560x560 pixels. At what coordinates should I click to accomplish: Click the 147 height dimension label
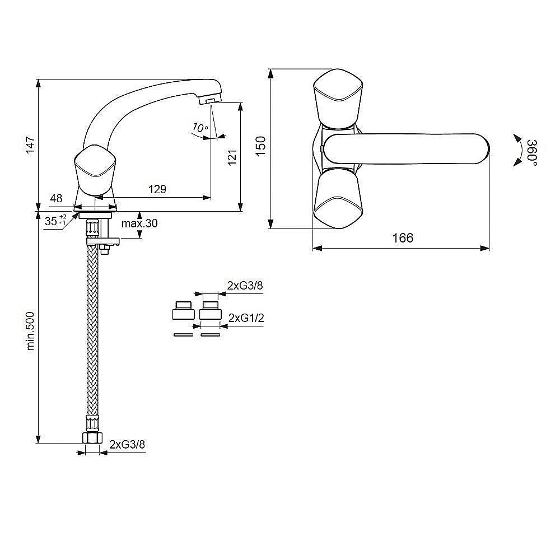(30, 145)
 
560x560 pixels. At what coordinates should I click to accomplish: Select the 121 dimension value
(232, 157)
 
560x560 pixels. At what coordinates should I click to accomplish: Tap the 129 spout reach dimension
(157, 189)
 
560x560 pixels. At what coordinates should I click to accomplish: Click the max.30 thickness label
(139, 223)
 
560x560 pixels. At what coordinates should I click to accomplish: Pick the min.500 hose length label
(30, 331)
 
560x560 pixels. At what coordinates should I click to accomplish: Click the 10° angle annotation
(200, 128)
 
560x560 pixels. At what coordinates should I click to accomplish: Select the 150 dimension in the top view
(261, 146)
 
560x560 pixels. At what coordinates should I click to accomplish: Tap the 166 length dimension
(403, 238)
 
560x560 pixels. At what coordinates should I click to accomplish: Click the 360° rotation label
(532, 153)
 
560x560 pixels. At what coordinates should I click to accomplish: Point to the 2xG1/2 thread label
(246, 318)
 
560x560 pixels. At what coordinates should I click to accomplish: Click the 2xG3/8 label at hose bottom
(127, 444)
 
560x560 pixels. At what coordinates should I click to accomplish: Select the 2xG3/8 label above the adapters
(245, 286)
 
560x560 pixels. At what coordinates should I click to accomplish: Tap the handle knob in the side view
(95, 170)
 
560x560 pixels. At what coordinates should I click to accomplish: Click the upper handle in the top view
(338, 99)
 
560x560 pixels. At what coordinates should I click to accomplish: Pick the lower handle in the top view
(338, 199)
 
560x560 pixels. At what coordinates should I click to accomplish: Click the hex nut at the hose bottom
(92, 437)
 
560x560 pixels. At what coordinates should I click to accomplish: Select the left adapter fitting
(183, 310)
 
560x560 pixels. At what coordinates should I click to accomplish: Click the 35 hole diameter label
(51, 221)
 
